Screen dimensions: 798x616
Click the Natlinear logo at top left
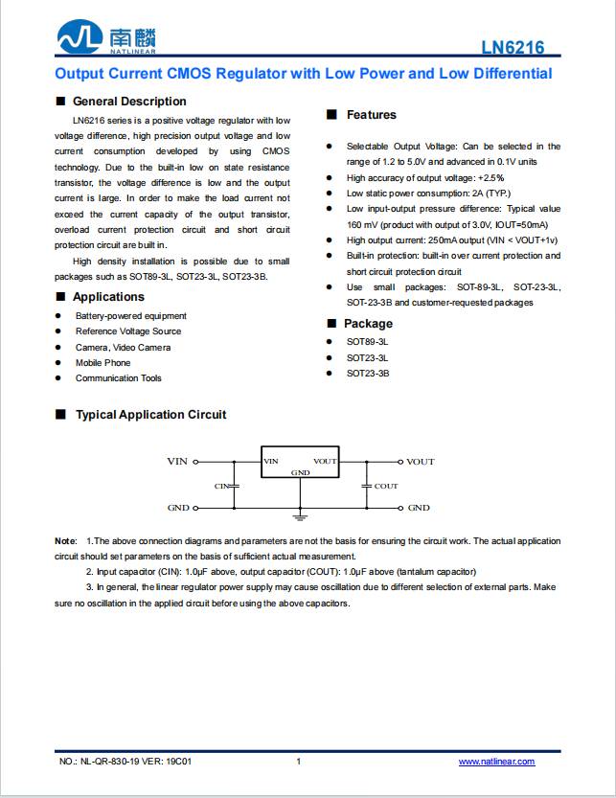[x=105, y=39]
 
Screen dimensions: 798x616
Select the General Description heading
[x=129, y=102]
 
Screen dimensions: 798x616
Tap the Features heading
[x=371, y=115]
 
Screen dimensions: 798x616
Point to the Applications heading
[x=108, y=297]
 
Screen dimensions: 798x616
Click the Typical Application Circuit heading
[x=150, y=415]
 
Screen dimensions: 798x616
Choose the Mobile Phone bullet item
[x=103, y=363]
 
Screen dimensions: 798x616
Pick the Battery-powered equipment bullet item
[x=130, y=316]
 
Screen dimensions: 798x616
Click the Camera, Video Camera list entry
[x=123, y=348]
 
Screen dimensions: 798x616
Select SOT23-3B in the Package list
[x=368, y=374]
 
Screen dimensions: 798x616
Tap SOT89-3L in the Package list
[x=368, y=342]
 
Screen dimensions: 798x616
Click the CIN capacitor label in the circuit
[x=223, y=487]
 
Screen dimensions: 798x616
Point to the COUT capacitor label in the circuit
[x=386, y=487]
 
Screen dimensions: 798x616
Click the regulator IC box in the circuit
[x=301, y=462]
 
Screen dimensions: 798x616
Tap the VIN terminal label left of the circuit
[x=177, y=462]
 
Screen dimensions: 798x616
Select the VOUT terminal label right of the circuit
[x=420, y=462]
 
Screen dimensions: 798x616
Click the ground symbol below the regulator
[x=301, y=518]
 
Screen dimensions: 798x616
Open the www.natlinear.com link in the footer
[x=496, y=762]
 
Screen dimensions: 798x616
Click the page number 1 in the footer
[x=299, y=762]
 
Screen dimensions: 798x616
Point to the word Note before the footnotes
[x=65, y=542]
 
